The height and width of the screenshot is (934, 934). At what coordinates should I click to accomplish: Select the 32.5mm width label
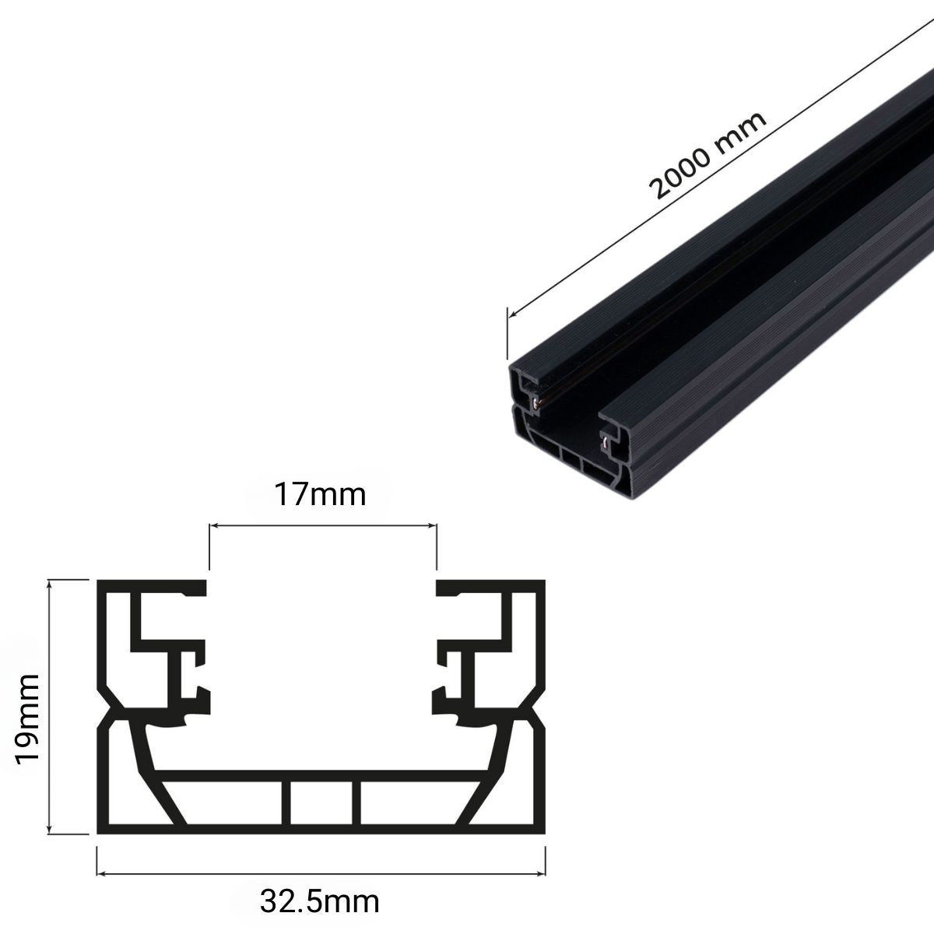(321, 903)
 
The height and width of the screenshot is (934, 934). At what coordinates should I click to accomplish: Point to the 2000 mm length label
(708, 156)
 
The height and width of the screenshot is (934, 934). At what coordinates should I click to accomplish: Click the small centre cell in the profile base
(321, 802)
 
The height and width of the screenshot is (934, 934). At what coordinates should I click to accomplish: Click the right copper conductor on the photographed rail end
(604, 444)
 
